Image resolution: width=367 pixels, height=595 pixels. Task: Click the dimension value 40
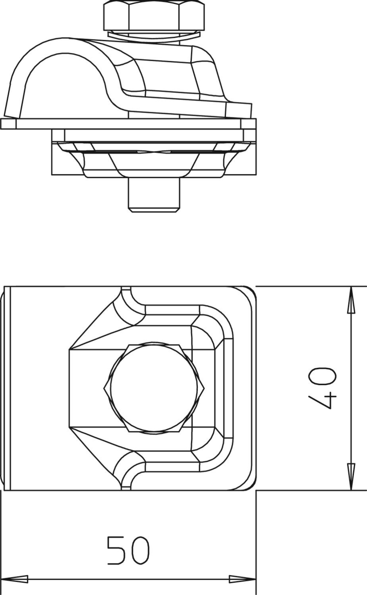point(322,388)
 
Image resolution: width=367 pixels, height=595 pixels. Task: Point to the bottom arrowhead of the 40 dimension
point(351,476)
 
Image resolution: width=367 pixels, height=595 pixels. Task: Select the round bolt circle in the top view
point(154,388)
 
